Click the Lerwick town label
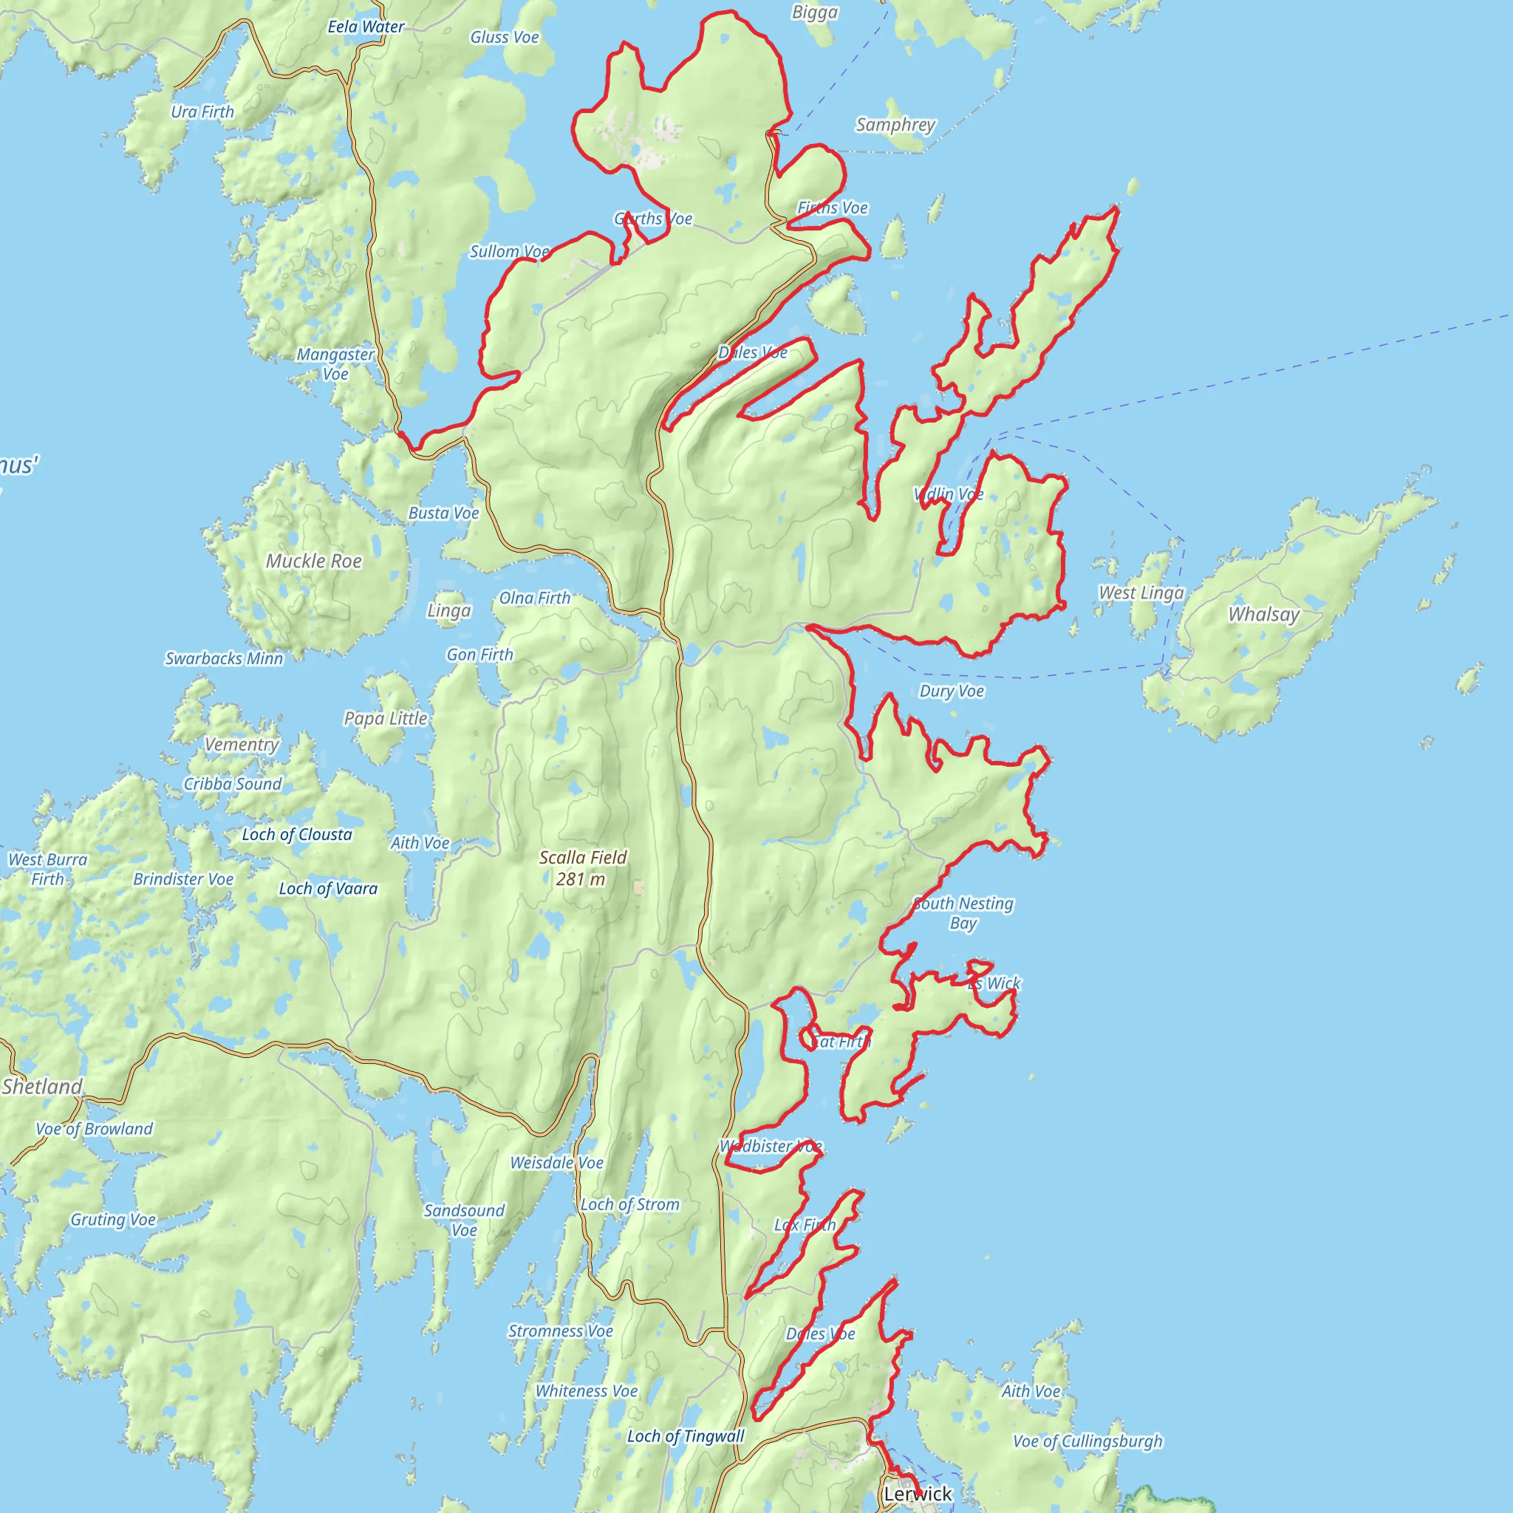coord(917,1493)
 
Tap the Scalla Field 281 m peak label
coord(583,868)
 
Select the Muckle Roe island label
coord(313,561)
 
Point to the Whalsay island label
coord(1263,614)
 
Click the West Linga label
coord(1141,592)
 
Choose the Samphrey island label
coord(895,125)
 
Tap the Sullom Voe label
coord(509,251)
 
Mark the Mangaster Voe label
coord(335,363)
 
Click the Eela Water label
coord(366,27)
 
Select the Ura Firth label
coord(202,112)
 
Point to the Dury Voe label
coord(952,691)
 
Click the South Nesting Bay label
coord(963,913)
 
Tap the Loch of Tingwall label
coord(686,1436)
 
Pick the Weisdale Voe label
coord(557,1163)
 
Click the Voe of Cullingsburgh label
coord(1087,1441)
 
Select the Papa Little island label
coord(386,718)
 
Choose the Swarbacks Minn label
coord(224,658)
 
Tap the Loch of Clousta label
coord(297,835)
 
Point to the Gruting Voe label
coord(113,1219)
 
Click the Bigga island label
coord(814,12)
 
